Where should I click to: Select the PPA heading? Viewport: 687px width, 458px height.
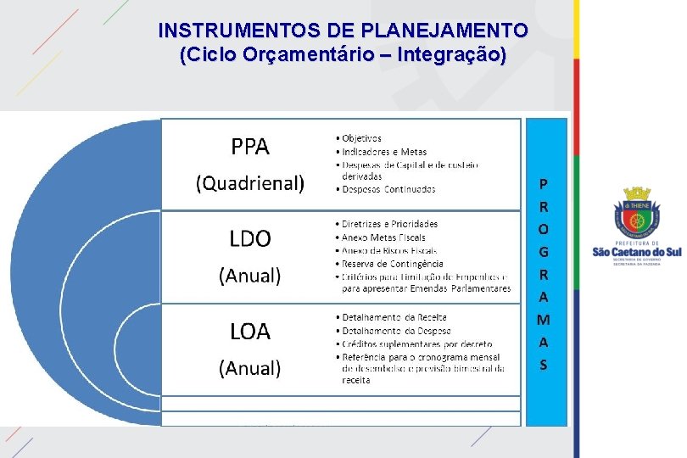250,148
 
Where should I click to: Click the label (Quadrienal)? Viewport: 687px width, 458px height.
250,183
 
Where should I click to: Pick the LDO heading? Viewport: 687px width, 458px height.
250,239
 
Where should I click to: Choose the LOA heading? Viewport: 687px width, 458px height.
250,332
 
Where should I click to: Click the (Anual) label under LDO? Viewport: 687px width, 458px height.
250,276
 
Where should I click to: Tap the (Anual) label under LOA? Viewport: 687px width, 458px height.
250,368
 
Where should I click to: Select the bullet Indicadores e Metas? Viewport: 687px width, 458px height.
384,152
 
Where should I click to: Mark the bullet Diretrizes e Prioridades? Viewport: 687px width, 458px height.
389,224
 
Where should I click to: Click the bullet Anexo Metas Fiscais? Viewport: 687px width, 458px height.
383,237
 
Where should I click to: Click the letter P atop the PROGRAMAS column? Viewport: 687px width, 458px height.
544,183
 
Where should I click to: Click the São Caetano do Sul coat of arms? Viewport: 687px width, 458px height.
636,215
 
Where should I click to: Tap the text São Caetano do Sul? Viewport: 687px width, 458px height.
636,252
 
